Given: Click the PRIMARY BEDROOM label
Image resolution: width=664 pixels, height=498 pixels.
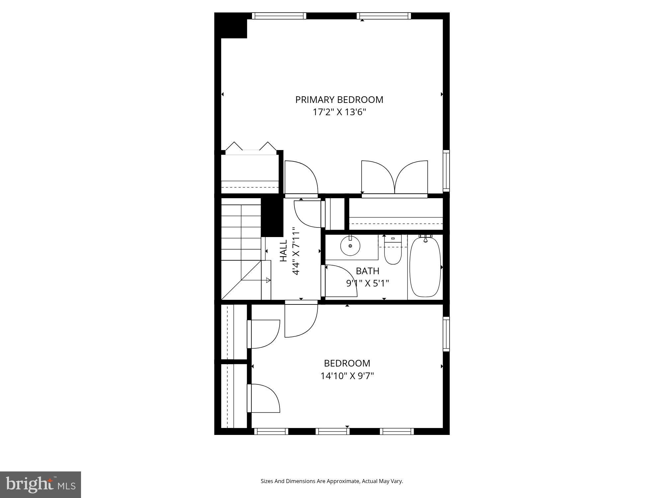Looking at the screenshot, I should point(339,100).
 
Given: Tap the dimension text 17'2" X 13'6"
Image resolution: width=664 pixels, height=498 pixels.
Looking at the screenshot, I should point(339,112).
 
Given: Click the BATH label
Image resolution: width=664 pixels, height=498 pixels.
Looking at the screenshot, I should point(368,271).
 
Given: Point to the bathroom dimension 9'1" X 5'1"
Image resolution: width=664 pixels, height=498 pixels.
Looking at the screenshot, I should point(368,283).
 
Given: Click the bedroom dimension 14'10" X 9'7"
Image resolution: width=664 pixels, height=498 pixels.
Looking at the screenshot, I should point(347,376).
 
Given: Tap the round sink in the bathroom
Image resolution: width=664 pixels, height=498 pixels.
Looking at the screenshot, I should point(350,246).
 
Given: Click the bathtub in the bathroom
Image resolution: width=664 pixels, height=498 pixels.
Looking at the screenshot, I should point(425,267).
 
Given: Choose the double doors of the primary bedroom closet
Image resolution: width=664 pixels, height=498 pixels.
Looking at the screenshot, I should point(394,178).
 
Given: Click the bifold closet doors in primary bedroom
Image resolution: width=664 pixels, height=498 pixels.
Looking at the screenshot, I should point(251,147).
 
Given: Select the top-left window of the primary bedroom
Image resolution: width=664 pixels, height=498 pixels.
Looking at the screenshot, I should point(279,16).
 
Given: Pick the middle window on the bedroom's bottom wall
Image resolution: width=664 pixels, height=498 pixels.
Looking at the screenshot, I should point(332,431).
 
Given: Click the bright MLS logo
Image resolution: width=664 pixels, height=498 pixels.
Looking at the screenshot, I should point(41,484).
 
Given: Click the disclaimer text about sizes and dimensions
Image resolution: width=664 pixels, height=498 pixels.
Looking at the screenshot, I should point(332,481).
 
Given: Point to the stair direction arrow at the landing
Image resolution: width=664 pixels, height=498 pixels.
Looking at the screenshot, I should point(268,280).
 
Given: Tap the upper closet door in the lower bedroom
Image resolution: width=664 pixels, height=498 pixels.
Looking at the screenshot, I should point(264,334).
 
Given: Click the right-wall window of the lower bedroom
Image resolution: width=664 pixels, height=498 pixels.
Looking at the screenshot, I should point(446,334).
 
